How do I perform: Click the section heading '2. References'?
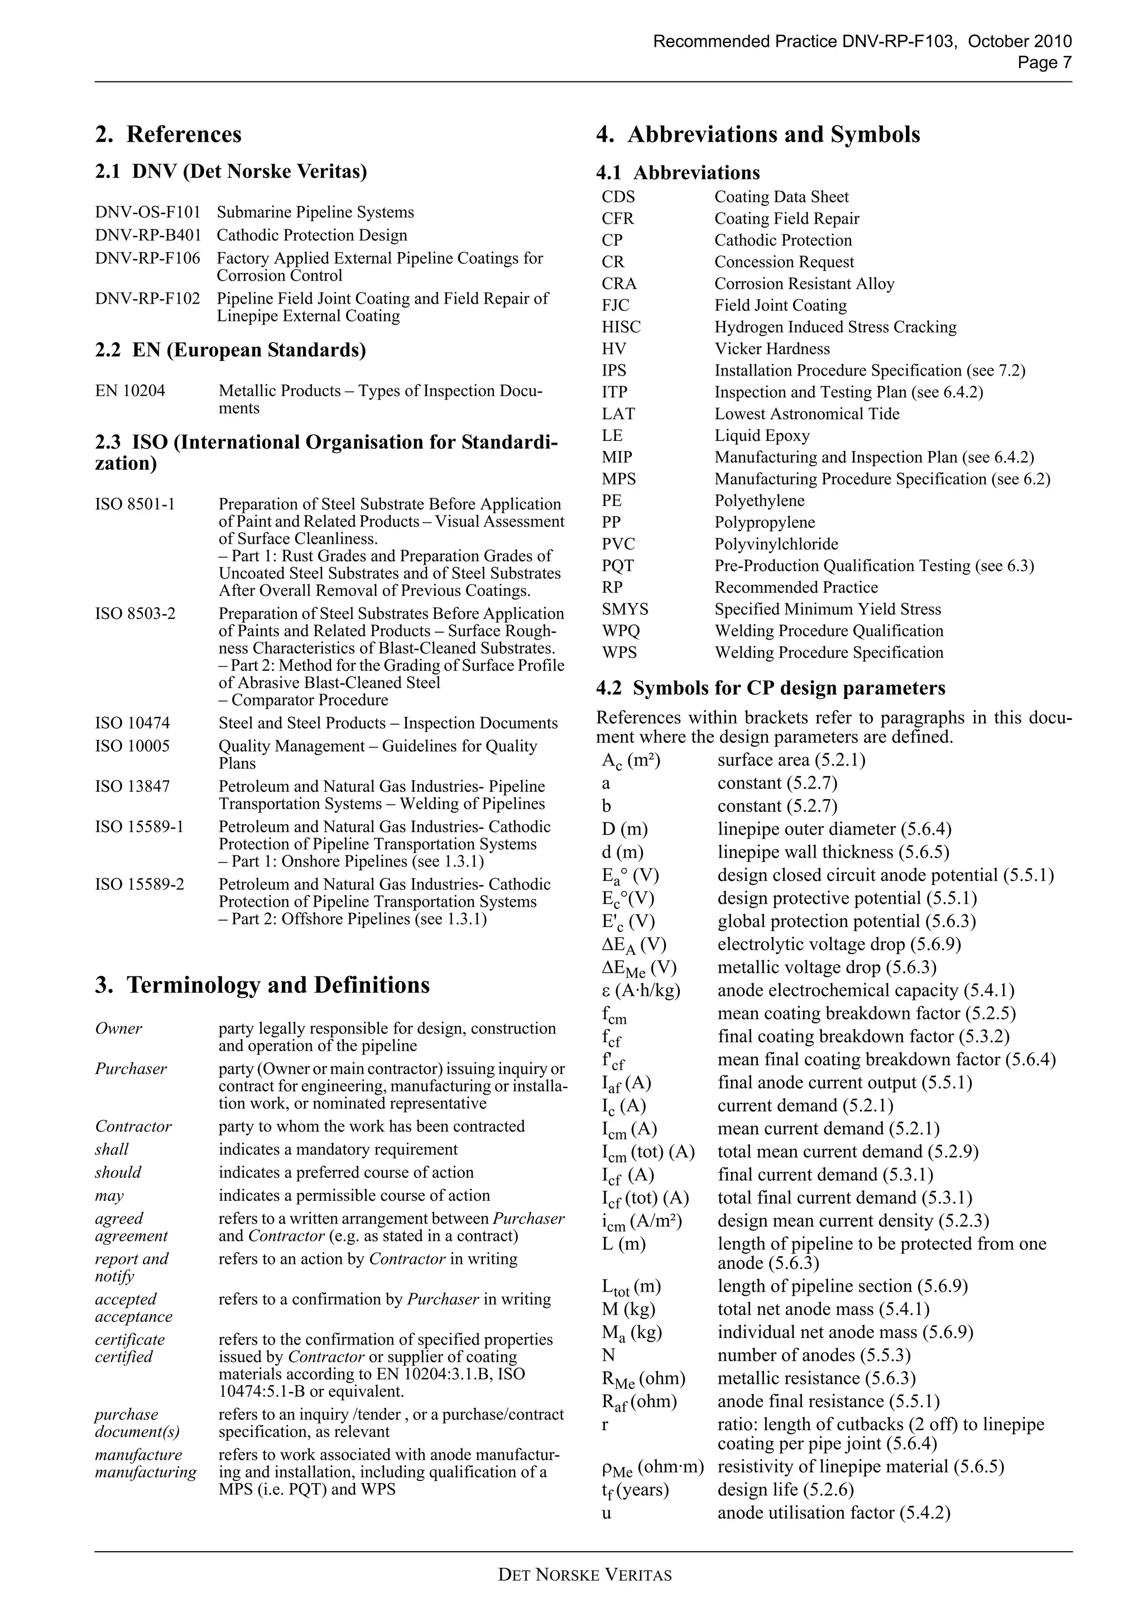coord(169,134)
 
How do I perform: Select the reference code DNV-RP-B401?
coord(148,235)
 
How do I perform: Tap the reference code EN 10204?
coord(130,391)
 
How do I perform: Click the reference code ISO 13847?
coord(132,787)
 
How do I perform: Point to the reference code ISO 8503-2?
coord(135,613)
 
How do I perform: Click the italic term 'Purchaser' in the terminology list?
coord(131,1069)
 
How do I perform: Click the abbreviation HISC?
coord(621,328)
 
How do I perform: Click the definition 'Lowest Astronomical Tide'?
coord(806,414)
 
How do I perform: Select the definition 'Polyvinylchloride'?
coord(776,545)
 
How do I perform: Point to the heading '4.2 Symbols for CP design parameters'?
coord(770,689)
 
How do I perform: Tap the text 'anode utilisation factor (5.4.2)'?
coord(834,1513)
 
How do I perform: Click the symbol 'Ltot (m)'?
coord(631,1287)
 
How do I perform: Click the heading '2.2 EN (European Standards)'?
coord(230,350)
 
